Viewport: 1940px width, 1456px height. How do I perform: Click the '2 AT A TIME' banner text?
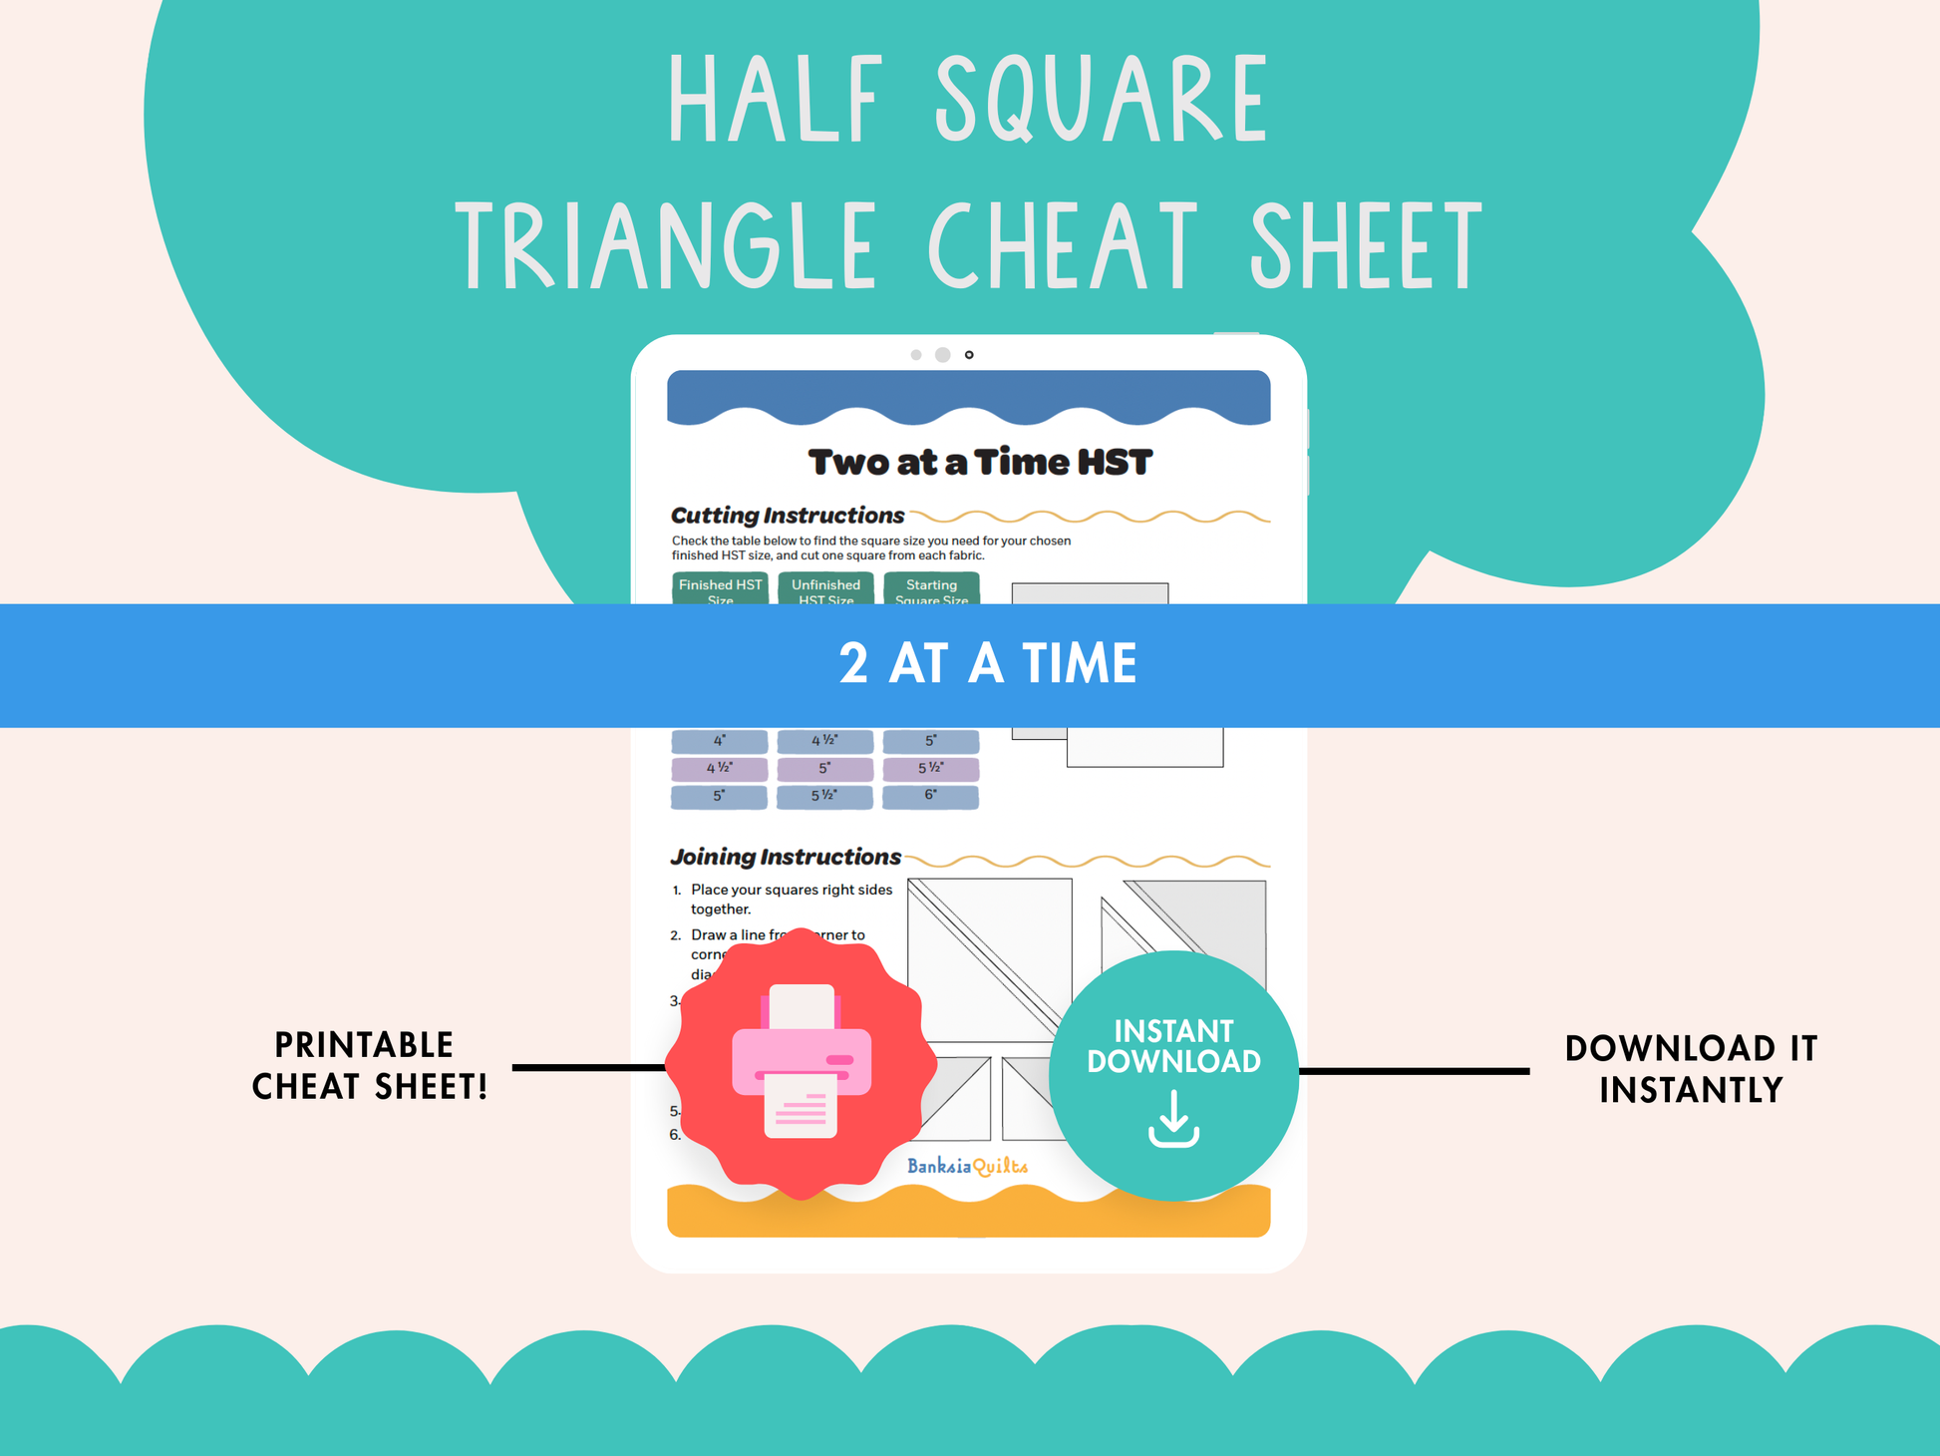(987, 664)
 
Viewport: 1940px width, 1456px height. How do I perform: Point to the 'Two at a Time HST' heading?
(980, 463)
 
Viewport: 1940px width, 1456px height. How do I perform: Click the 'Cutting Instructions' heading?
(788, 516)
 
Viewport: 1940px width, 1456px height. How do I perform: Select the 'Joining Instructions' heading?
(786, 857)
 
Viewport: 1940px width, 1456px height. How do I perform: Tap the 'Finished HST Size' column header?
(720, 589)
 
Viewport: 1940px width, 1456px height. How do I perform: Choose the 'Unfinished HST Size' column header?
(825, 589)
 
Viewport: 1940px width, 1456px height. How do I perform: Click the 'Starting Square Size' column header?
(931, 589)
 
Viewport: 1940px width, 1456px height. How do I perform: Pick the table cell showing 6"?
(930, 796)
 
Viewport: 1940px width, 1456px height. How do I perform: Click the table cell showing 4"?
(719, 741)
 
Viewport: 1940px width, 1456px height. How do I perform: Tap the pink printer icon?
(802, 1062)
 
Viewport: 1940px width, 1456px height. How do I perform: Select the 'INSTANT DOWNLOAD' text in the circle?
(1173, 1046)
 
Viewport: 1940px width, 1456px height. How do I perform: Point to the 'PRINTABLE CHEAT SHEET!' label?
(369, 1065)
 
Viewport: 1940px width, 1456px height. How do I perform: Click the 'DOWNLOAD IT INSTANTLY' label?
(1691, 1069)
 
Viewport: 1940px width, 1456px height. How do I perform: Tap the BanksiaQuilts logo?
(967, 1166)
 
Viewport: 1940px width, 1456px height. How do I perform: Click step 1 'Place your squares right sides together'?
(792, 899)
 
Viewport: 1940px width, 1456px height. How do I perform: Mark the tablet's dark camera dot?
(969, 355)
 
